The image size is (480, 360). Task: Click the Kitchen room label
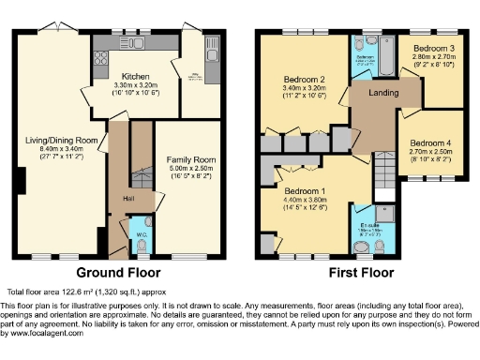[134, 74]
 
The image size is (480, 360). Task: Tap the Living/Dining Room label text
[62, 140]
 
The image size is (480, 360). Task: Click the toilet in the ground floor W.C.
[141, 245]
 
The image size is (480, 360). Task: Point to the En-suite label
[369, 225]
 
